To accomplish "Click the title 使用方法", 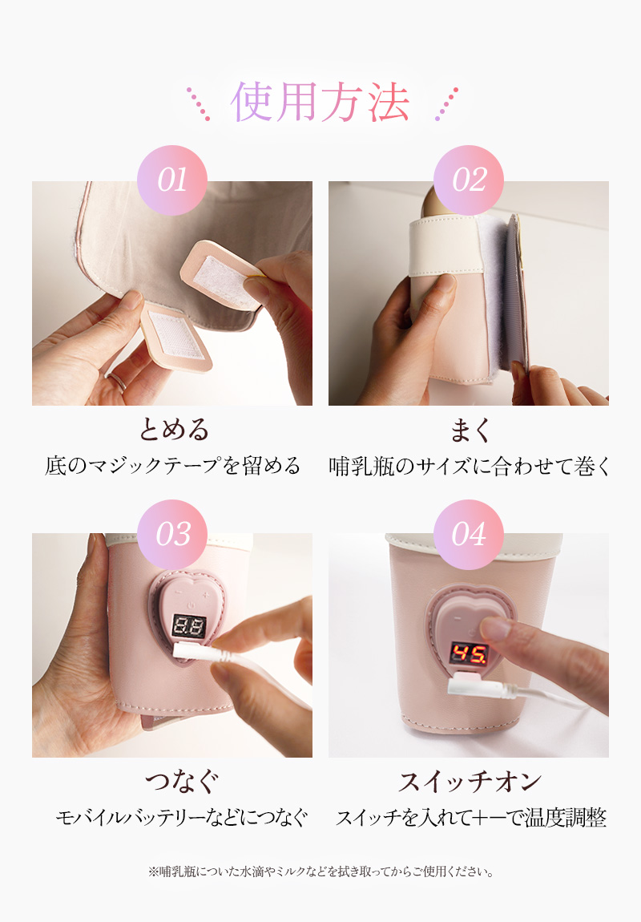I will coord(320,102).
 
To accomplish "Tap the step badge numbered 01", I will coord(172,180).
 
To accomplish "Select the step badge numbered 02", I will coord(469,180).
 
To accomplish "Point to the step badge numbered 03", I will coord(172,534).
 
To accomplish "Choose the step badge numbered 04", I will coord(469,534).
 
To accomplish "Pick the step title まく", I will coord(469,430).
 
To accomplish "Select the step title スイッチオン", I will coord(470,781).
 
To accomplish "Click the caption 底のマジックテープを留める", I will coord(173,466).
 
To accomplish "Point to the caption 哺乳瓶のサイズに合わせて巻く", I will coord(470,466).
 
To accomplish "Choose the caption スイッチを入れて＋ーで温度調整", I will coord(470,818).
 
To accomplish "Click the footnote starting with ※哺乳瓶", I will coord(320,871).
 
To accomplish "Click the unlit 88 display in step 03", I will coord(187,625).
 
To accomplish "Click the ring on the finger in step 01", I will coord(117,379).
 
